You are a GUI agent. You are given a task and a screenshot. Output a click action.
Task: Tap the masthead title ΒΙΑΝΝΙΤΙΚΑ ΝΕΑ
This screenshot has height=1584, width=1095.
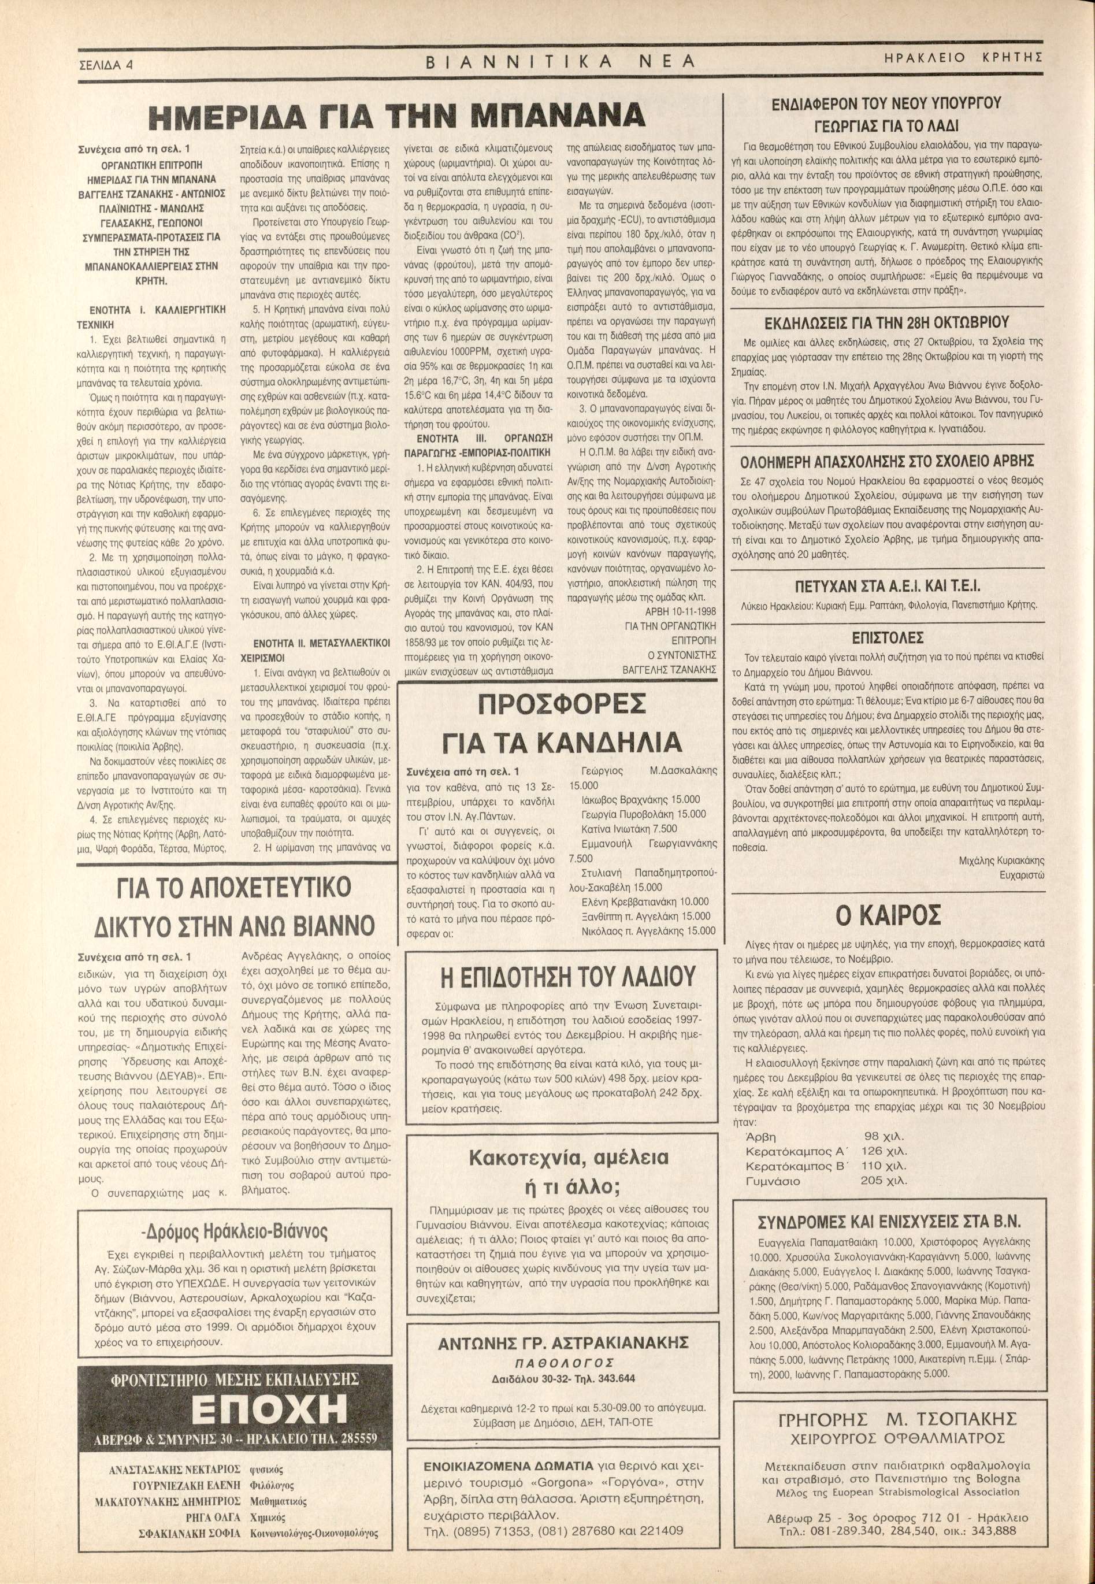click(x=560, y=62)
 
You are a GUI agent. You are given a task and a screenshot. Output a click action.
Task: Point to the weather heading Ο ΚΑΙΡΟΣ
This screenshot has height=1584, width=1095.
click(x=889, y=915)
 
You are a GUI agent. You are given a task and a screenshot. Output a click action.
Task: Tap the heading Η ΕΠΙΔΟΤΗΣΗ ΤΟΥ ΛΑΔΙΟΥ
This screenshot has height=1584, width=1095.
click(x=559, y=977)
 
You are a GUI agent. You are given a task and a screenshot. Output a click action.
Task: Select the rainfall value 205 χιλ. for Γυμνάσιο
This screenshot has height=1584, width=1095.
click(x=884, y=1181)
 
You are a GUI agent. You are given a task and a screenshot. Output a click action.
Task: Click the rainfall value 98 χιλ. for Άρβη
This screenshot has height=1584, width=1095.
click(x=882, y=1137)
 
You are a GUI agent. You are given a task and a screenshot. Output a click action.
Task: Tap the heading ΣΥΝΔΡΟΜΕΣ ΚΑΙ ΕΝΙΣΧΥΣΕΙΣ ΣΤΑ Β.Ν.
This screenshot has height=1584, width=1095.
click(x=889, y=1222)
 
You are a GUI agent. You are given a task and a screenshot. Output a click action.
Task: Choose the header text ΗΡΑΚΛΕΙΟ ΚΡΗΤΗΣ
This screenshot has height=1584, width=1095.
click(x=964, y=58)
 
